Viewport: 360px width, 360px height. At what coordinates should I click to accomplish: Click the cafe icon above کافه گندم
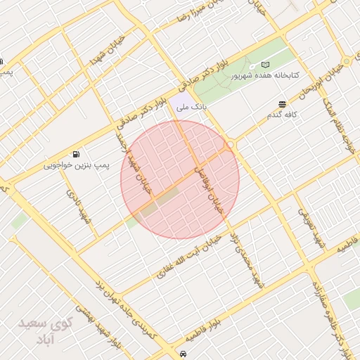point(283,103)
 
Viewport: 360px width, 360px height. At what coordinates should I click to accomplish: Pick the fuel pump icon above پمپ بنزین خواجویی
point(76,154)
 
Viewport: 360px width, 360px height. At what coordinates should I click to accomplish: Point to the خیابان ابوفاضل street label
point(211,184)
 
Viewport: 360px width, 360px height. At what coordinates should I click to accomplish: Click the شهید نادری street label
point(78,206)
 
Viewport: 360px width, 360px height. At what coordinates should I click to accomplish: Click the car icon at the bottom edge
point(184,354)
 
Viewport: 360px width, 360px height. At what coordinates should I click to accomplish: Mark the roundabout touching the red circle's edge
point(231,145)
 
